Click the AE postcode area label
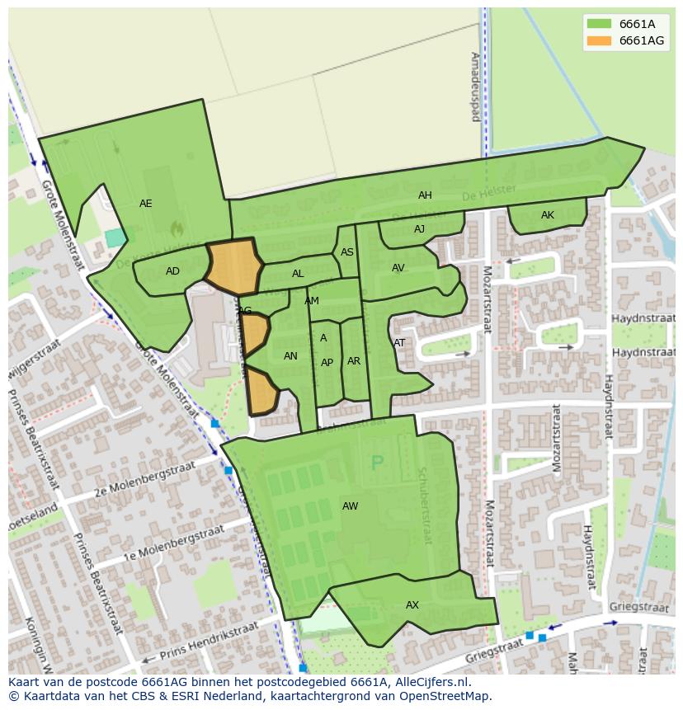146,204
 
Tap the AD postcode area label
172,271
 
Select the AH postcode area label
425,195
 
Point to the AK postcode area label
548,215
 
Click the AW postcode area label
351,506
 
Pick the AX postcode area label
412,605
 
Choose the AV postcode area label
398,268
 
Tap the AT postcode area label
399,343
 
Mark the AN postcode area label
290,356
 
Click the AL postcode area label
298,274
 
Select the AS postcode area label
347,252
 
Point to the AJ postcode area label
419,229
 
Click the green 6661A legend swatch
599,24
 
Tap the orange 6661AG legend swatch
599,40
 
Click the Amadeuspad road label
475,87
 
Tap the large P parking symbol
378,463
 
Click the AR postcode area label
354,361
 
